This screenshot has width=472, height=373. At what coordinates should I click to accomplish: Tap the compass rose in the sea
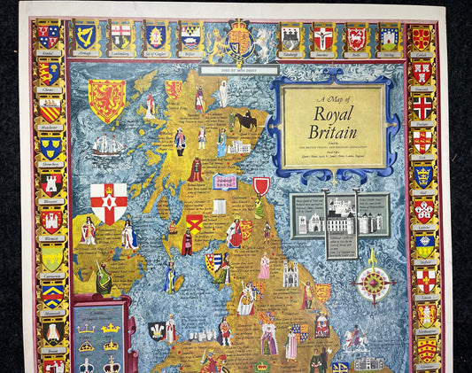[x=373, y=284]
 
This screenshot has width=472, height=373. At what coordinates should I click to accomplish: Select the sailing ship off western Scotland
[x=108, y=144]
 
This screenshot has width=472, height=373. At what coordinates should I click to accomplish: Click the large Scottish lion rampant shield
[x=106, y=100]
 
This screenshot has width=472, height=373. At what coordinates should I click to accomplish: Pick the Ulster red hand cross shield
[x=108, y=203]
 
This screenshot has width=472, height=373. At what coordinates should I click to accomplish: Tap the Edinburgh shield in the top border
[x=290, y=37]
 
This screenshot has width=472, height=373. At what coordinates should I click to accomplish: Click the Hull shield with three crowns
[x=422, y=176]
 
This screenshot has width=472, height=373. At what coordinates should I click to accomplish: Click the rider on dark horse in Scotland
[x=245, y=120]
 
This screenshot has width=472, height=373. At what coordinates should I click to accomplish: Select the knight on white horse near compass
[x=354, y=338]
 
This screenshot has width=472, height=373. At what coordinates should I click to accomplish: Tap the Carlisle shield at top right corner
[x=422, y=37]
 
